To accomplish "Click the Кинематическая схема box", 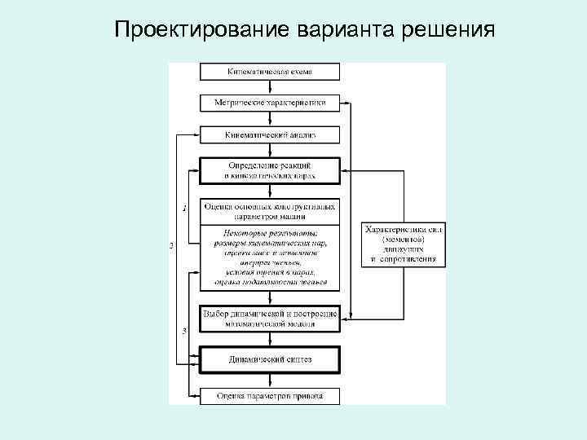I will click(270, 73).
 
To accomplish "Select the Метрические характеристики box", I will click(270, 103).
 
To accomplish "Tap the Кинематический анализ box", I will click(270, 134).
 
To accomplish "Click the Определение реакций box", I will click(270, 170).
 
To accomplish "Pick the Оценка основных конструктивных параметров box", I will click(270, 211).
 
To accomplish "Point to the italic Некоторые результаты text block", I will click(270, 257).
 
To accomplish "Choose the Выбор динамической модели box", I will click(270, 318).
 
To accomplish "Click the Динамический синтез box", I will click(270, 359).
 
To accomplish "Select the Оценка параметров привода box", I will click(270, 396).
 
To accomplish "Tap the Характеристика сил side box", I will click(403, 244).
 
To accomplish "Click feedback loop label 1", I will click(184, 209).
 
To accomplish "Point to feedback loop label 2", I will click(171, 245).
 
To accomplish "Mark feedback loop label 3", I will click(184, 330).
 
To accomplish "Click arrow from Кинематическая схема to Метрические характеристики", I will click(270, 88).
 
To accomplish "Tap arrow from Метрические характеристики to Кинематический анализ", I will click(270, 119).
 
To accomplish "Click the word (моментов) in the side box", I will click(403, 240).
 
